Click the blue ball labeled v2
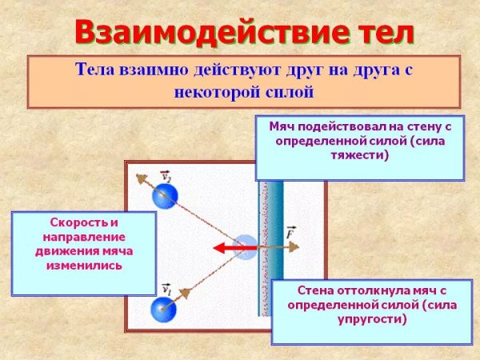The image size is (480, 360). click(166, 195)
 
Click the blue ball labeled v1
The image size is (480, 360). click(164, 308)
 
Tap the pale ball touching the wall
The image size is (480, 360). click(245, 249)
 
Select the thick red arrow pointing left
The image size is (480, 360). click(235, 249)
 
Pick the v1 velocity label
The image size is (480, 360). click(166, 289)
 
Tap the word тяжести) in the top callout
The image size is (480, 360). click(359, 155)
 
